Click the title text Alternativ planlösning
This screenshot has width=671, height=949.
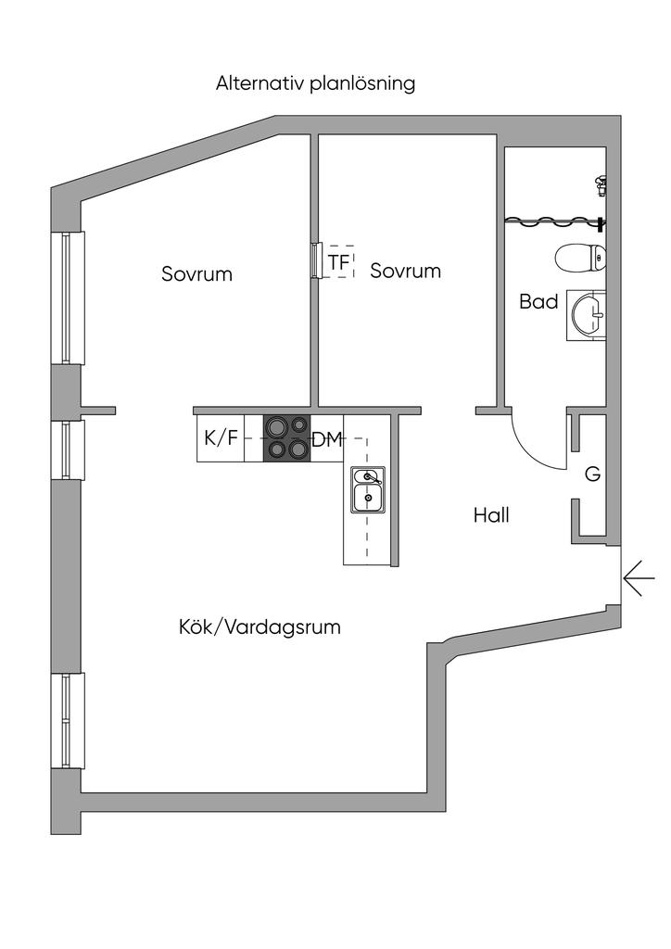[x=315, y=83]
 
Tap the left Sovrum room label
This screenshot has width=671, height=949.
[x=196, y=274]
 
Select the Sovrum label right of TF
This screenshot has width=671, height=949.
[x=405, y=271]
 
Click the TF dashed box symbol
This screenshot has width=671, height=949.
[x=338, y=262]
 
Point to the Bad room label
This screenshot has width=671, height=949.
[x=538, y=301]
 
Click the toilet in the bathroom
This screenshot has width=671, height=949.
[x=580, y=258]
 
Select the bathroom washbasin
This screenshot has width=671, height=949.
[x=586, y=315]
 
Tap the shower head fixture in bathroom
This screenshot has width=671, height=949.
[x=601, y=184]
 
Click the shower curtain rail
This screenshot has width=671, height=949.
[x=554, y=221]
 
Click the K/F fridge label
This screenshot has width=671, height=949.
[x=220, y=438]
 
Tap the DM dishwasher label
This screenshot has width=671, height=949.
[x=326, y=440]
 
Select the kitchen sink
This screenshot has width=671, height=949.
[x=368, y=490]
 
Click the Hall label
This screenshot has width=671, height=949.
[x=491, y=515]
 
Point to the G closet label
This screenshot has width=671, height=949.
[x=593, y=474]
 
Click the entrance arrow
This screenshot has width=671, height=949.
[x=639, y=579]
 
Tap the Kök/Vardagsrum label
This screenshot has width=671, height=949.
[x=260, y=626]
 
